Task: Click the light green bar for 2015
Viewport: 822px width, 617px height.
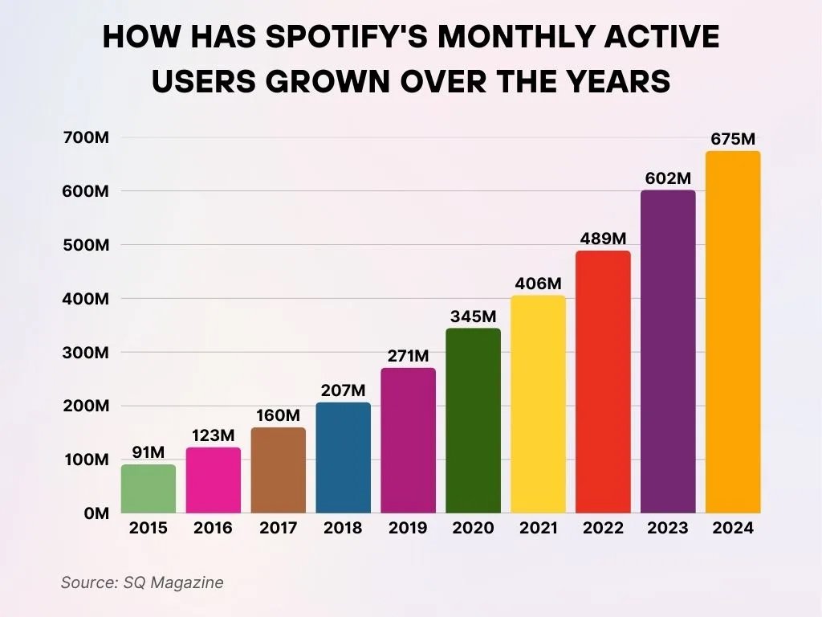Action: click(x=149, y=488)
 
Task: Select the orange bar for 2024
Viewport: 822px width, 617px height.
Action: click(x=733, y=332)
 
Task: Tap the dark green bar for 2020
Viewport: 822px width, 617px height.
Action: click(x=474, y=420)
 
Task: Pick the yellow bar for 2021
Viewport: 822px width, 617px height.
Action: click(x=538, y=404)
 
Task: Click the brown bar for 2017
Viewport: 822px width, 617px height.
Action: click(x=279, y=470)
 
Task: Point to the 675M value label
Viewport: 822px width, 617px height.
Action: click(x=734, y=139)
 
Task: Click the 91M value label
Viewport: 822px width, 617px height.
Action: click(x=148, y=452)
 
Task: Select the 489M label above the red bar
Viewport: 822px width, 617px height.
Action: click(x=603, y=239)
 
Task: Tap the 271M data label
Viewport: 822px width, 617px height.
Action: click(x=408, y=355)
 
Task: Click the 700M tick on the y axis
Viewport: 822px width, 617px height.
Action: click(x=86, y=137)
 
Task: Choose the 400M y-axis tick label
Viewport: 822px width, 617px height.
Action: click(x=86, y=298)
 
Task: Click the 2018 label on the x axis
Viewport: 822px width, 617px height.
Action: click(x=343, y=528)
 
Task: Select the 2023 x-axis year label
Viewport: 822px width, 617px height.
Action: click(x=668, y=528)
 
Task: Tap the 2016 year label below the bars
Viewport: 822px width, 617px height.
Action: click(x=213, y=528)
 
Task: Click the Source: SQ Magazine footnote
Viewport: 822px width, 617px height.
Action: click(x=142, y=582)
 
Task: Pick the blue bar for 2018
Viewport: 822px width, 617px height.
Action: click(x=344, y=458)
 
